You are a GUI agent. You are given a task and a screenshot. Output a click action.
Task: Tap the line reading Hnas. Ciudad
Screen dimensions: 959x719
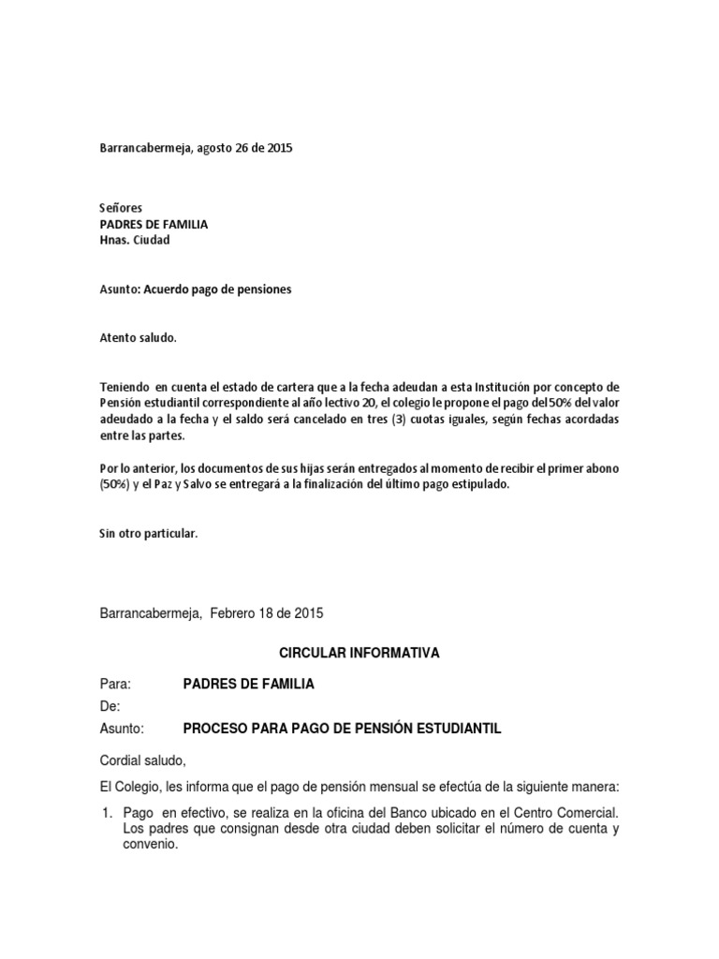point(136,240)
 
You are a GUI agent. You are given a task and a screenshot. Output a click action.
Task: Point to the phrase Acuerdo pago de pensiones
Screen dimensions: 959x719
point(217,290)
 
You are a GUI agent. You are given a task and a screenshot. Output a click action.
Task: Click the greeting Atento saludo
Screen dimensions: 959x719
point(137,337)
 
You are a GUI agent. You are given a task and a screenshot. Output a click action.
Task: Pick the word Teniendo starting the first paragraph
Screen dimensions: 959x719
point(125,387)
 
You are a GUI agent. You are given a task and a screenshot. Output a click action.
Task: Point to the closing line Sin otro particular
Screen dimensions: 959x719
point(148,534)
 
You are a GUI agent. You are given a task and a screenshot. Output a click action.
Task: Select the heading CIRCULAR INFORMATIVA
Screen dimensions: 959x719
point(360,653)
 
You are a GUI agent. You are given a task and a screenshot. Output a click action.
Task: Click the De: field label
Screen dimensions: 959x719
point(110,707)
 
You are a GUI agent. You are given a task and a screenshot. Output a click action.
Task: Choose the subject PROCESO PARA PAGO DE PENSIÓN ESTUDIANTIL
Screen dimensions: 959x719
point(342,730)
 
